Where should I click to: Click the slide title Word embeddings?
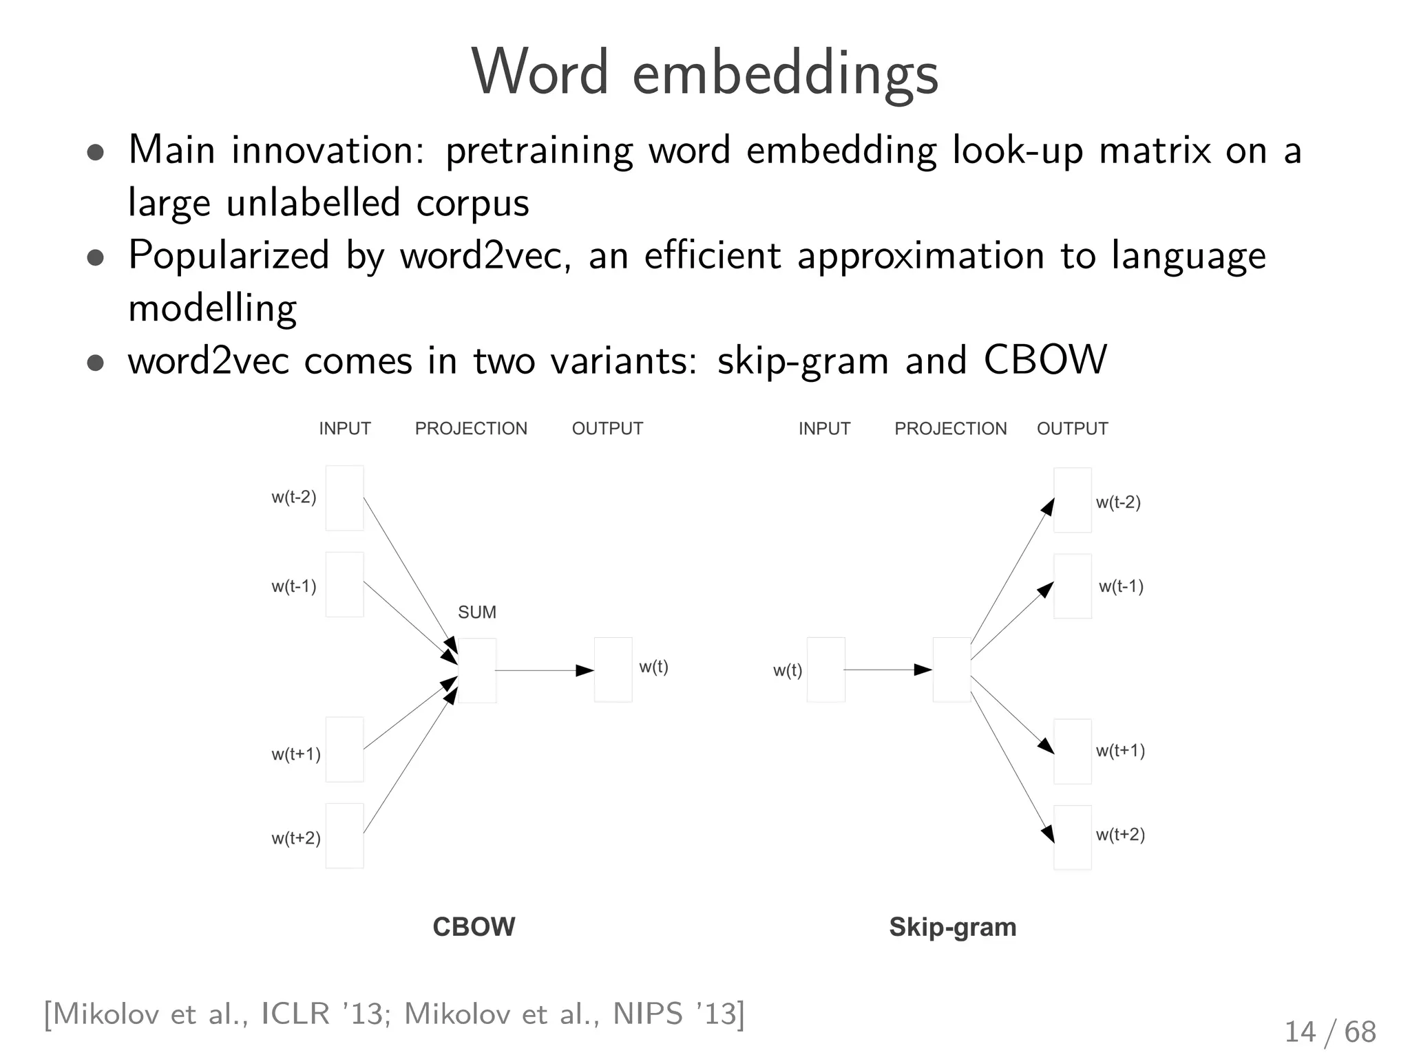[704, 73]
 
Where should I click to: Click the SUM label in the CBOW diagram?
[476, 612]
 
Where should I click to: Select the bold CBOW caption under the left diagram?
[474, 927]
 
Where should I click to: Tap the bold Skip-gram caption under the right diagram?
[952, 927]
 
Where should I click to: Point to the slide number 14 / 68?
[1329, 1032]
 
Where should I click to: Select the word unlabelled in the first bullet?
[313, 203]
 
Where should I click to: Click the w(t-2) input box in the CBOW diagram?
[344, 498]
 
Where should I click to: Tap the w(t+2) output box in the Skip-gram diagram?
[1072, 837]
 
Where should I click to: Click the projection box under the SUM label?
[476, 670]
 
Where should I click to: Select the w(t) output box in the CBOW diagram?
[613, 670]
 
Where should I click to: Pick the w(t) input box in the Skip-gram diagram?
[825, 670]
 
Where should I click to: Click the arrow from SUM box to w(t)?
[544, 670]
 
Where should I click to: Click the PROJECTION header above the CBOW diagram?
[471, 429]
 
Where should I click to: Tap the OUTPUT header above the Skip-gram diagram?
[1072, 429]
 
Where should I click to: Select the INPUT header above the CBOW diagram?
[344, 429]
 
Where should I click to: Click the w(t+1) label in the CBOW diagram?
[295, 754]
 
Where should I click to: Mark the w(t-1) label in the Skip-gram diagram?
[1120, 586]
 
